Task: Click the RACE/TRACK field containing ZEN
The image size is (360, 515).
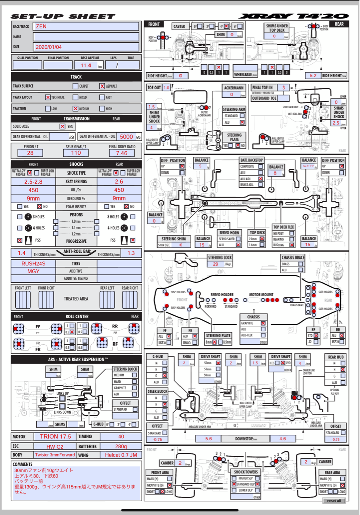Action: tap(86, 26)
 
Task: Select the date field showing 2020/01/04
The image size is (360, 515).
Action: tap(86, 47)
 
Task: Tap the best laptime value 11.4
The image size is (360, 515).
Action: tap(86, 65)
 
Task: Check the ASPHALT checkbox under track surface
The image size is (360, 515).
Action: tap(102, 86)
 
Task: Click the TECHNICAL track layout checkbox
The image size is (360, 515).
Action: tap(48, 97)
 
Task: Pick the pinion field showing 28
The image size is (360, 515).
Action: tap(31, 153)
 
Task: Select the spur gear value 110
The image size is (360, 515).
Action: tap(76, 153)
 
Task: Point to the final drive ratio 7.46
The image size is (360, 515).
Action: tap(121, 153)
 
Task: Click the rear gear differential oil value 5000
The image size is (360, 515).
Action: tap(126, 136)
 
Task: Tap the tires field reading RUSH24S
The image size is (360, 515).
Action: tap(33, 263)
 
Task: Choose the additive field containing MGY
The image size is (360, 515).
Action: tap(33, 271)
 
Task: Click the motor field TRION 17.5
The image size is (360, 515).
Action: tap(55, 437)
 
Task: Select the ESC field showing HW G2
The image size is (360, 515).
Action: tap(55, 446)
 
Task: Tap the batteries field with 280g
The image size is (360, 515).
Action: tap(121, 446)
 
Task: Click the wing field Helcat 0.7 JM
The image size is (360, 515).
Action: tap(121, 455)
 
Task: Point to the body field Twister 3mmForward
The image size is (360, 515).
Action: tap(55, 455)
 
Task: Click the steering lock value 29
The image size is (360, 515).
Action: tap(216, 264)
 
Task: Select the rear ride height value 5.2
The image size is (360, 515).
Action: tap(313, 75)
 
